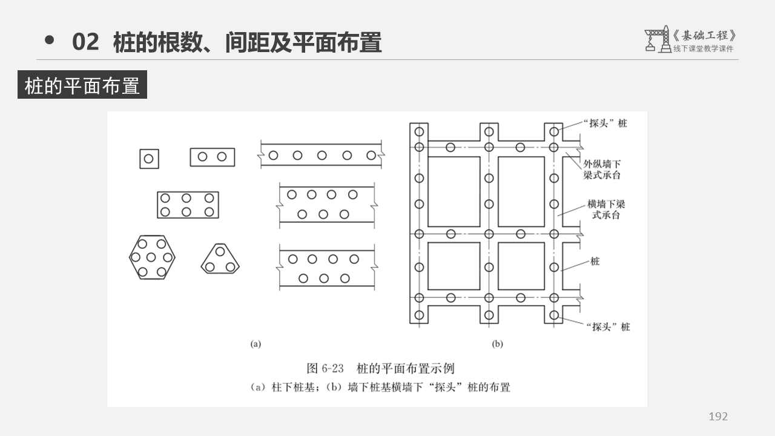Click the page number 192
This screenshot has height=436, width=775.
(718, 416)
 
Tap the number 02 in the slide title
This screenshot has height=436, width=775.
(85, 42)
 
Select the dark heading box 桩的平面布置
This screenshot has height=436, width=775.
(82, 85)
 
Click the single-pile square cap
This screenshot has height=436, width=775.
(149, 159)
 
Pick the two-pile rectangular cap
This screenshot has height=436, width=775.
(212, 157)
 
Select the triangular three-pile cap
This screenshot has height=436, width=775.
(220, 260)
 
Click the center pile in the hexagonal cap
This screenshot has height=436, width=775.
(152, 257)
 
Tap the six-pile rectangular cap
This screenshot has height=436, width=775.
(188, 205)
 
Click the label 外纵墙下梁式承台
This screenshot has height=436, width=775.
(602, 170)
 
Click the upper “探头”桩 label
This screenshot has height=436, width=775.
(606, 123)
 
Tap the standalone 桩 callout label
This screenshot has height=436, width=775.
(595, 262)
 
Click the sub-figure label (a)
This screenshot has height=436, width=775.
(256, 344)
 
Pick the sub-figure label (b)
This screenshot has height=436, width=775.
(497, 344)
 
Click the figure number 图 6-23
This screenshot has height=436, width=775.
(325, 368)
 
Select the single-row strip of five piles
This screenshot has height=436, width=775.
(322, 155)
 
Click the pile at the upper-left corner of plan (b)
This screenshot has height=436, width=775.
(419, 131)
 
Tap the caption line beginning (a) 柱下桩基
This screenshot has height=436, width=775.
(380, 388)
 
